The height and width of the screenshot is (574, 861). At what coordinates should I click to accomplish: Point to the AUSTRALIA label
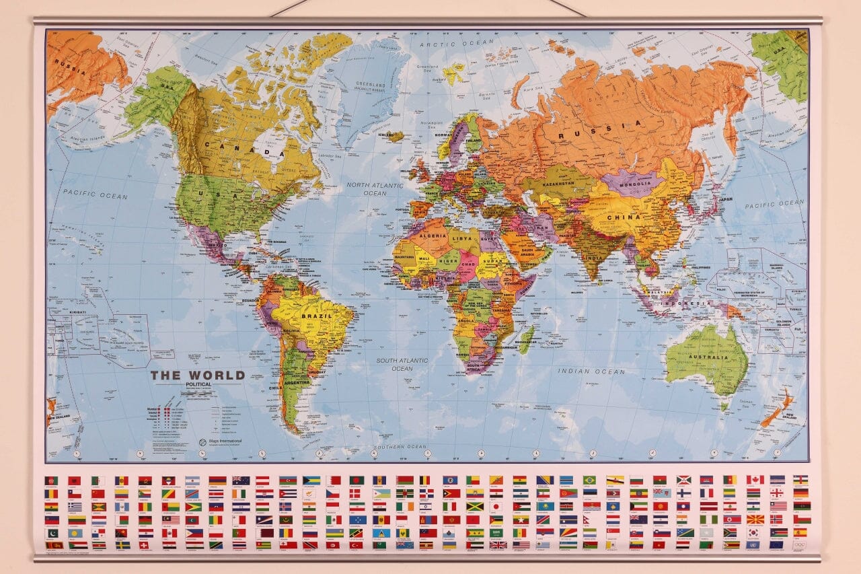[x=706, y=357]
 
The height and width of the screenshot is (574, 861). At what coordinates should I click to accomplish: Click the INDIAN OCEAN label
[x=591, y=371]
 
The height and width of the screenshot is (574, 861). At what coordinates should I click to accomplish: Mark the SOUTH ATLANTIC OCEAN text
[x=402, y=364]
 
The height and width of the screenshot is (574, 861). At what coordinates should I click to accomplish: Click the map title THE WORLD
[x=197, y=375]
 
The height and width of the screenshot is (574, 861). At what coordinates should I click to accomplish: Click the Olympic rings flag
[x=799, y=544]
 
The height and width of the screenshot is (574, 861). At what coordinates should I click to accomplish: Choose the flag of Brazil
[x=589, y=480]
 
